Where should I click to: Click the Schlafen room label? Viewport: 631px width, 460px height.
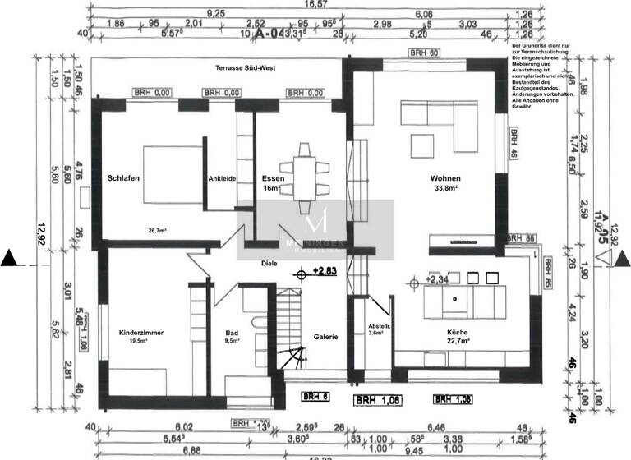pos(122,178)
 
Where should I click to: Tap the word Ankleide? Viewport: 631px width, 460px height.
pos(222,178)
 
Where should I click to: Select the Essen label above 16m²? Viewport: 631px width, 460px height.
pos(272,178)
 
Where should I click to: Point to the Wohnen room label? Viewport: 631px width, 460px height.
pos(444,178)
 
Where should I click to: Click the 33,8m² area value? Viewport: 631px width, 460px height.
pos(444,188)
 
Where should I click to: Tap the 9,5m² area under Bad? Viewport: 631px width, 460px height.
pos(232,341)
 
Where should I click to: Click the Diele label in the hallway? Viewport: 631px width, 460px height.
pos(268,264)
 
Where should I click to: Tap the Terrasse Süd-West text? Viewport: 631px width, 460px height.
pos(244,68)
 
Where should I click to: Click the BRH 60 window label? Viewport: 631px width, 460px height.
pos(425,52)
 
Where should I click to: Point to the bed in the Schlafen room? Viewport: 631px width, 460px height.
pos(172,174)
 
